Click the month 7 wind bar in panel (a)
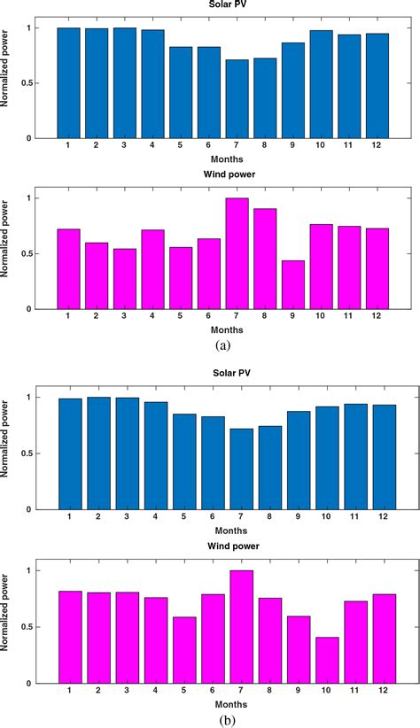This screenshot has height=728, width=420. click(x=237, y=253)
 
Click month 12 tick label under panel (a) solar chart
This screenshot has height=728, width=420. click(x=377, y=147)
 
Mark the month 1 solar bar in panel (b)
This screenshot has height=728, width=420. click(x=68, y=453)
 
